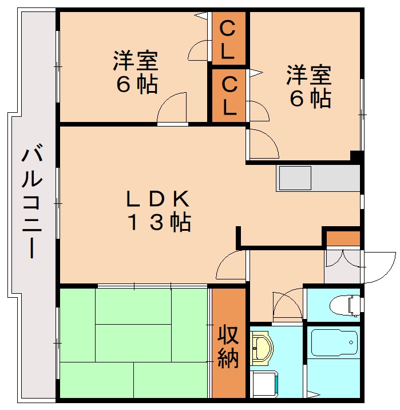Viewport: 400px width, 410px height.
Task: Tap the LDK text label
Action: click(x=157, y=199)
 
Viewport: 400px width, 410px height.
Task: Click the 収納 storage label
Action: click(x=227, y=348)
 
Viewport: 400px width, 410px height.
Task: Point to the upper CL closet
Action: click(x=228, y=40)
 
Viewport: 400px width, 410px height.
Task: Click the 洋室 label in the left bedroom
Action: click(x=136, y=60)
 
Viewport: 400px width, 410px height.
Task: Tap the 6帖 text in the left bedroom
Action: click(x=136, y=85)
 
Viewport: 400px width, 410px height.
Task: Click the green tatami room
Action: click(x=134, y=341)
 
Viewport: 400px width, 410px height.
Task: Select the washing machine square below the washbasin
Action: click(x=264, y=384)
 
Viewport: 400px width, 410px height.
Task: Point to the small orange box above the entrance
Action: click(x=342, y=238)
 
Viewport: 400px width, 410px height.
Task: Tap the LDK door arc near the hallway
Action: click(x=232, y=265)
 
